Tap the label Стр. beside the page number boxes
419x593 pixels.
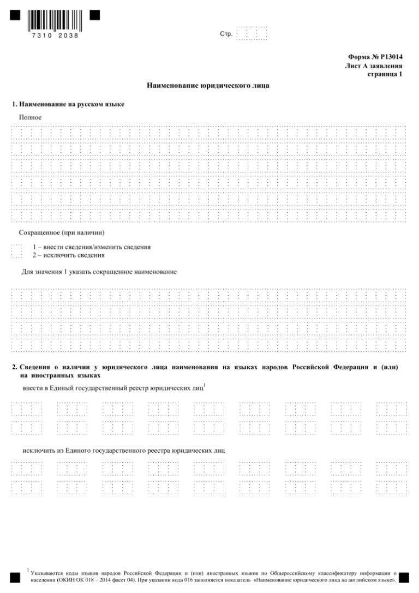point(226,34)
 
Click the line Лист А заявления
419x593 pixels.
point(374,65)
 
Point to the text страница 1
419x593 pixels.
point(385,74)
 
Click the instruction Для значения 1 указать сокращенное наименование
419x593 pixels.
point(98,271)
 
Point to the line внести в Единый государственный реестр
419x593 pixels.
point(112,387)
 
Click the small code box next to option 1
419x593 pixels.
point(16,250)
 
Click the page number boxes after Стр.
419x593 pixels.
point(253,34)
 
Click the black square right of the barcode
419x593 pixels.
point(95,15)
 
